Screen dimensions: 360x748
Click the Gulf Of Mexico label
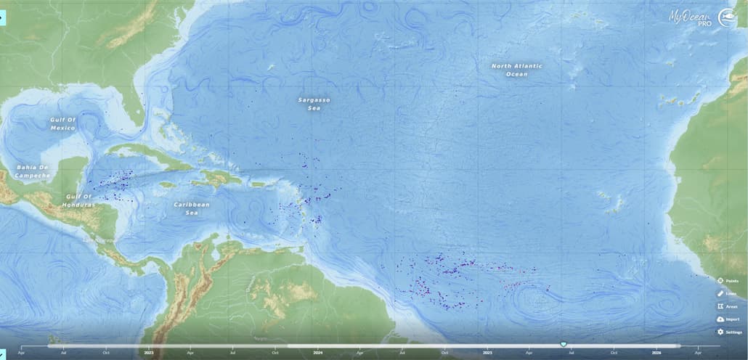63,123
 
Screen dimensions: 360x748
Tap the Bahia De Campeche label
33,171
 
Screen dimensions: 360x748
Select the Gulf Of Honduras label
78,200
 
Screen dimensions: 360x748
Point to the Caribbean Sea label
192,208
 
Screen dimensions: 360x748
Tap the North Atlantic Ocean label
516,70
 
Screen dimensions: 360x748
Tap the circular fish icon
728,18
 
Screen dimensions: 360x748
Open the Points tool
728,281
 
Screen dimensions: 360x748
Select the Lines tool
728,293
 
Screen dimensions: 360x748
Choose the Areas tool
728,306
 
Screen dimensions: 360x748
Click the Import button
728,319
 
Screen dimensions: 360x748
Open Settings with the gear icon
728,332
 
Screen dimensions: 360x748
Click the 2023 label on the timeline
149,353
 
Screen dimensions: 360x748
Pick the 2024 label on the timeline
318,353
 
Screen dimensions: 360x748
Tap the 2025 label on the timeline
487,353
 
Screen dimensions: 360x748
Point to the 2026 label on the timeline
656,353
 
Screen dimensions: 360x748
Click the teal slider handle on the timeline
563,344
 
